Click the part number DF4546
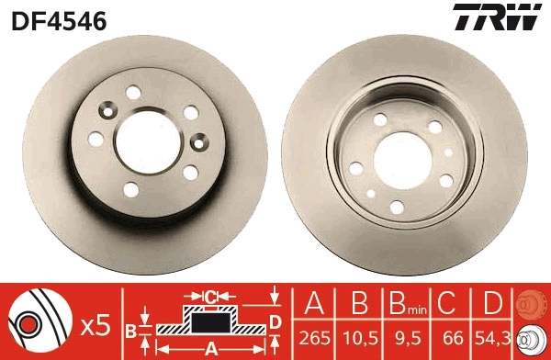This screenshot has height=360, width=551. pos(59,21)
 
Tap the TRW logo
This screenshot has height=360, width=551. pos(497,17)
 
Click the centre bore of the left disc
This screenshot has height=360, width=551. pos(148,142)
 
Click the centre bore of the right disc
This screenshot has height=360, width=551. pos(403,162)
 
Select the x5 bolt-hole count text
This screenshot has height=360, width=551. pos(96,326)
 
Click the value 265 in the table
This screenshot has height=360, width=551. pos(314,338)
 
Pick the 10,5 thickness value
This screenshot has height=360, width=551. pos(360,338)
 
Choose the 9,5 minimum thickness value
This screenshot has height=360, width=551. pos(408,338)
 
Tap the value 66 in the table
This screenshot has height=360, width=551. pos(453,338)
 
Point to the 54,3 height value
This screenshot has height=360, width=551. pos(492,338)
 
